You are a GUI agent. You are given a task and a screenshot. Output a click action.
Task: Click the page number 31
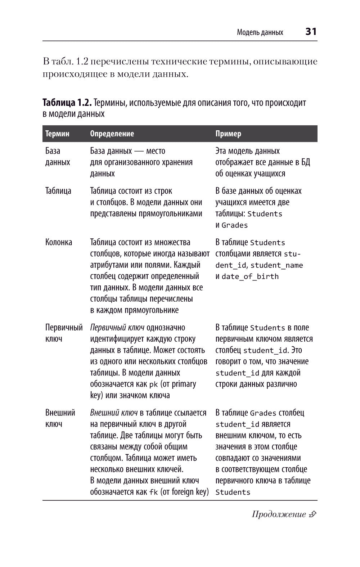pyautogui.click(x=311, y=32)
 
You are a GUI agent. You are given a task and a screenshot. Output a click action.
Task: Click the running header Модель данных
pyautogui.click(x=260, y=32)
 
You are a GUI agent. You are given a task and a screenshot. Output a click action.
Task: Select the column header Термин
pyautogui.click(x=57, y=134)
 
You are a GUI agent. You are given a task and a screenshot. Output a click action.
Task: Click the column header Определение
pyautogui.click(x=112, y=134)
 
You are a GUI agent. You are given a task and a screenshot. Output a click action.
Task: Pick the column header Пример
pyautogui.click(x=228, y=134)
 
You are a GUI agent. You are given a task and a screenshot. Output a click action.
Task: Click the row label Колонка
pyautogui.click(x=59, y=242)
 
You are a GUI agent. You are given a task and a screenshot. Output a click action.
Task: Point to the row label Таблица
pyautogui.click(x=58, y=191)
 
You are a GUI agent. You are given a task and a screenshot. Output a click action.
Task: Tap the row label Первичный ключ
pyautogui.click(x=64, y=333)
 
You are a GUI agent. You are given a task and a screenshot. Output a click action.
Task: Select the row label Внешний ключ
pyautogui.click(x=60, y=418)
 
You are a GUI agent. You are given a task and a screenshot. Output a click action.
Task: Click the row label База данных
pyautogui.click(x=58, y=157)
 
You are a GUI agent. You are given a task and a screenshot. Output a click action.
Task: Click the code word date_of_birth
pyautogui.click(x=250, y=276)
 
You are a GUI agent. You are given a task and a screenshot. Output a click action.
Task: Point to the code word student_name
pyautogui.click(x=276, y=265)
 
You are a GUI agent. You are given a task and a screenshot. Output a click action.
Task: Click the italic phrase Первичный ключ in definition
pyautogui.click(x=117, y=328)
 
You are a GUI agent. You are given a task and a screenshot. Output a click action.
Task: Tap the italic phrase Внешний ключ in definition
pyautogui.click(x=114, y=413)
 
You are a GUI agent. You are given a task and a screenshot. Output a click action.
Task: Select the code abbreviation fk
pyautogui.click(x=153, y=492)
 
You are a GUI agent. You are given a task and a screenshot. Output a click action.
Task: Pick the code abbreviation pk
pyautogui.click(x=153, y=384)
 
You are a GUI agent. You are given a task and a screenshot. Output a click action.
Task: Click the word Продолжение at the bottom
pyautogui.click(x=279, y=514)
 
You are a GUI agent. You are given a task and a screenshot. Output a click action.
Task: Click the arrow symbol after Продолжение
pyautogui.click(x=312, y=514)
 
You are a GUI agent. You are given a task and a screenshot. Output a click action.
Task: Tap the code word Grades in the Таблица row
pyautogui.click(x=235, y=225)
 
